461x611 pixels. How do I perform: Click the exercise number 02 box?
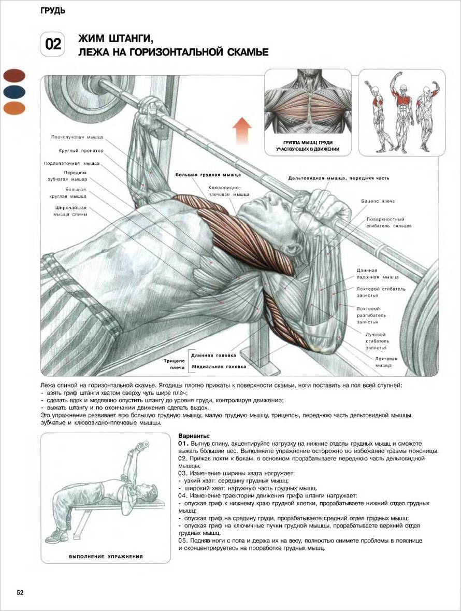52,45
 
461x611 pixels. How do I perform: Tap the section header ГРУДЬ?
52,11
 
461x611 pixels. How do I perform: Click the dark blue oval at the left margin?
14,92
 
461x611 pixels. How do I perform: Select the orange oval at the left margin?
14,108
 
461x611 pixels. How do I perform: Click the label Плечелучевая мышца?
78,137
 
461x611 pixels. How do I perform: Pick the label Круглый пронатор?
81,151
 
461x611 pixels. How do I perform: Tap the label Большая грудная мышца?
208,175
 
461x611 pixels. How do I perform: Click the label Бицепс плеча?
378,202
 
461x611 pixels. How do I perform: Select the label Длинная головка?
213,356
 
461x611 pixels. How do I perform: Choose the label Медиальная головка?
219,367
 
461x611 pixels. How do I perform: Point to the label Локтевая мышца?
386,362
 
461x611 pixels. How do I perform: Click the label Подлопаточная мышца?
71,164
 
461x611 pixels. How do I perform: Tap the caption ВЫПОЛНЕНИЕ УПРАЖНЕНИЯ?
106,557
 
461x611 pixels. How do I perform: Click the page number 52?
20,593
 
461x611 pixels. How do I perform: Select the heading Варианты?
194,436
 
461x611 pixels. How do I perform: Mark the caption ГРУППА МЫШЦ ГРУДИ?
308,143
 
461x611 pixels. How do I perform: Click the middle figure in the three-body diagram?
401,112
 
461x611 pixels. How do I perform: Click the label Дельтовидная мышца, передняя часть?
339,178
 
